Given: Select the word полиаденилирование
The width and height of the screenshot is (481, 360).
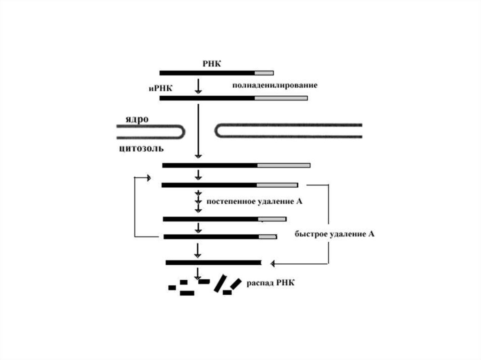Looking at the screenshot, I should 274,86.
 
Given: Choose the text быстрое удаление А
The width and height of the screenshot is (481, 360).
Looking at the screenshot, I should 334,233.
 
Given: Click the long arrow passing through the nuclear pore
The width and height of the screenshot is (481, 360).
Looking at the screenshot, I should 198,131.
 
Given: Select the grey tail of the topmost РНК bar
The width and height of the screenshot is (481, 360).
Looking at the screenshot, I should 264,73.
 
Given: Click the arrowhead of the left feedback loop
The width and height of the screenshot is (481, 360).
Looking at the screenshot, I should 148,178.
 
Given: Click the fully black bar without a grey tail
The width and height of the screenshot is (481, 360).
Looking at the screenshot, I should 213,262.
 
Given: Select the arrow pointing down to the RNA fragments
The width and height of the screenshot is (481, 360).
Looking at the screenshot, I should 198,274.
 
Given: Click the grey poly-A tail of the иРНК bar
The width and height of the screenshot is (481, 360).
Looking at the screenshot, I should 281,98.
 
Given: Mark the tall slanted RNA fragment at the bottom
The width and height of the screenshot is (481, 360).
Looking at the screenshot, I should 219,283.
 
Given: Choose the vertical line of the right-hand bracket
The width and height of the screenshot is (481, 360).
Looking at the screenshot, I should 328,223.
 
